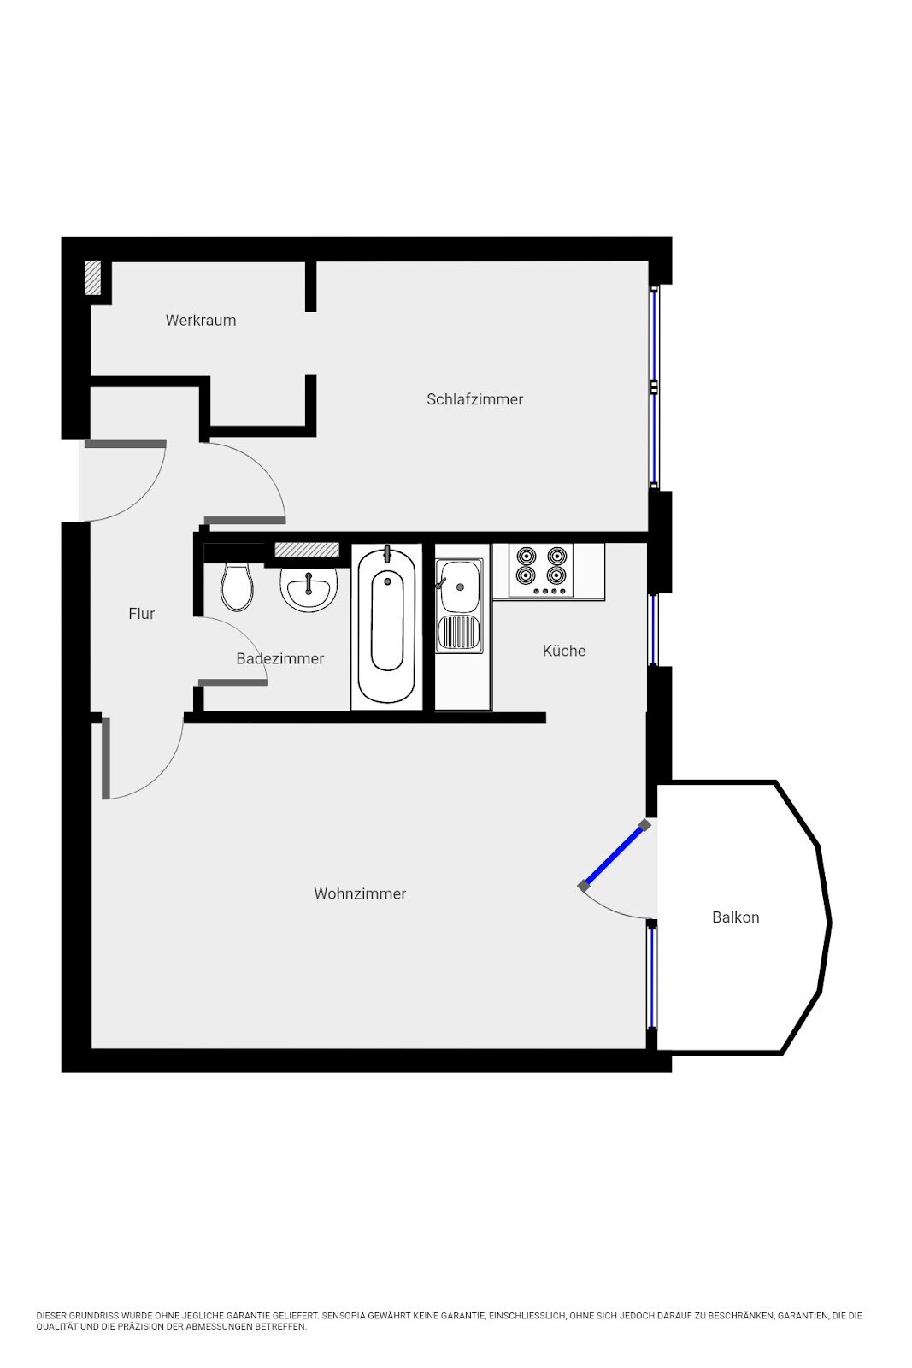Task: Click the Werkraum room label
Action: (x=200, y=320)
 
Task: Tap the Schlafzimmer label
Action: (x=474, y=398)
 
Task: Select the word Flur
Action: (x=142, y=614)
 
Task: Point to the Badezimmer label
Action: (x=279, y=658)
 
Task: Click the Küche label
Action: (x=564, y=651)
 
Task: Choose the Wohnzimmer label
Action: (x=360, y=893)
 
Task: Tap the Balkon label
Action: (x=736, y=917)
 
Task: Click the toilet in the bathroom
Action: (x=237, y=587)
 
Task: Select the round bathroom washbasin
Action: (x=309, y=588)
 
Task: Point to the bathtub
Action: (x=387, y=625)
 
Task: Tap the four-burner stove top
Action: (x=541, y=570)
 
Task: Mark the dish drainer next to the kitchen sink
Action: (x=459, y=633)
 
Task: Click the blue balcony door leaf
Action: (x=614, y=855)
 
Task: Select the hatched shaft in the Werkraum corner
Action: (x=93, y=278)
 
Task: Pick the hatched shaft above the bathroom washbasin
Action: (x=307, y=550)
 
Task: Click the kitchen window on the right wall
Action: (x=653, y=629)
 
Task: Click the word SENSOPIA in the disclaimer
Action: (x=343, y=1316)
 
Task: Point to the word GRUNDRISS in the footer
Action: (x=90, y=1316)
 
